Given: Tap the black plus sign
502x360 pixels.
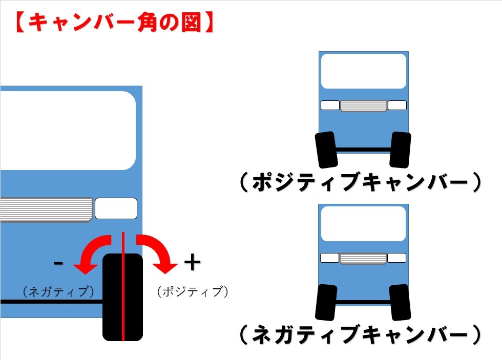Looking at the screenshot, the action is [x=193, y=262].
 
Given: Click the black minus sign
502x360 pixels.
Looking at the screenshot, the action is [x=58, y=263].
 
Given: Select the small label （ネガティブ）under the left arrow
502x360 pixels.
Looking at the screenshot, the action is [x=58, y=291].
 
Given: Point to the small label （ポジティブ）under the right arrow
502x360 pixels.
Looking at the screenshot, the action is [x=193, y=291].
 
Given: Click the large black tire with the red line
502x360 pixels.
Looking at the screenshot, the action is [x=122, y=297].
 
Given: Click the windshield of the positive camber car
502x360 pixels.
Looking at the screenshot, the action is [x=364, y=71].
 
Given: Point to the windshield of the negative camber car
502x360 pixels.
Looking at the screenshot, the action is [x=363, y=224].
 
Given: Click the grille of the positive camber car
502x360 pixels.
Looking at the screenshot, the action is [x=364, y=105].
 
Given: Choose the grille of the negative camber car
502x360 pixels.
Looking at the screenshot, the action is [x=363, y=258].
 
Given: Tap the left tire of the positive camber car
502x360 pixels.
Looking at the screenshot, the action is [x=326, y=150].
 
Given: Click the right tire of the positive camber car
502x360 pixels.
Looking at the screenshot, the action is [x=400, y=150].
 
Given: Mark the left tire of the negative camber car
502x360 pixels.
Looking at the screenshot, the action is [x=326, y=303].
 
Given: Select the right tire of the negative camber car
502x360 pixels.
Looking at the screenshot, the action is [x=400, y=303].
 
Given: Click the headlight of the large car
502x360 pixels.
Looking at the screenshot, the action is [x=116, y=208].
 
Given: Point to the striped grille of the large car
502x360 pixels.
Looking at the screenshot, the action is [x=47, y=209].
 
